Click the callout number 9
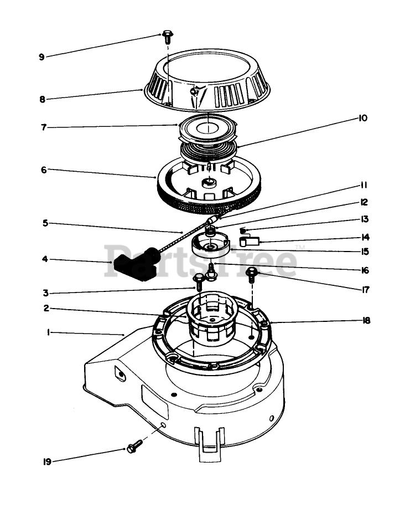[41, 57]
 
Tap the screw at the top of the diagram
[167, 36]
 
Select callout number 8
[42, 100]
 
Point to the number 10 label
[362, 118]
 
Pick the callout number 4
[45, 259]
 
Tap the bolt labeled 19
[132, 448]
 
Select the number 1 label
[49, 332]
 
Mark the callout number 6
[44, 170]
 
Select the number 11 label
[364, 185]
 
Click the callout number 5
[45, 223]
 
